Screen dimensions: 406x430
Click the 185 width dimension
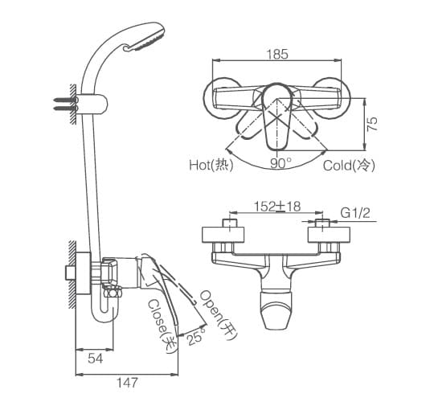277,55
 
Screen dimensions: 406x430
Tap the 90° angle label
281,163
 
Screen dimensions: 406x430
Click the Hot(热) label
210,165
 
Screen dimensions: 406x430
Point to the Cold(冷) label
349,165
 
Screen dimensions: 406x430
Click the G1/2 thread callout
355,213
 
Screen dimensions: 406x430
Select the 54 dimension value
95,359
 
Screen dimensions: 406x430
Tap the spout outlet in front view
277,318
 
